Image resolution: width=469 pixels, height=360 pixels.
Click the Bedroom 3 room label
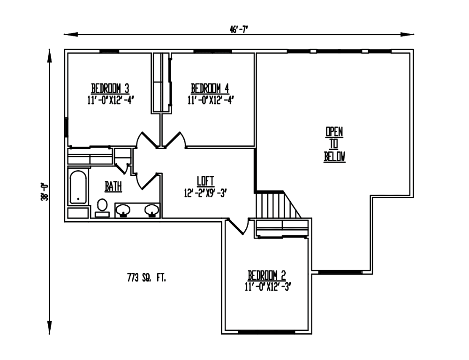pos(110,88)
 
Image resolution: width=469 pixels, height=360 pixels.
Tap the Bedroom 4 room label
pos(210,88)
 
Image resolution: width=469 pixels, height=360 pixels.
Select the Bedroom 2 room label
pos(267,275)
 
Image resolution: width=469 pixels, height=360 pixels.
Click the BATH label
pos(113,187)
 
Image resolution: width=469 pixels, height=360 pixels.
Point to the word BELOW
pos(334,157)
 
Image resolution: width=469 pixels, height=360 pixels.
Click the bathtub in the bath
pos(78,187)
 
